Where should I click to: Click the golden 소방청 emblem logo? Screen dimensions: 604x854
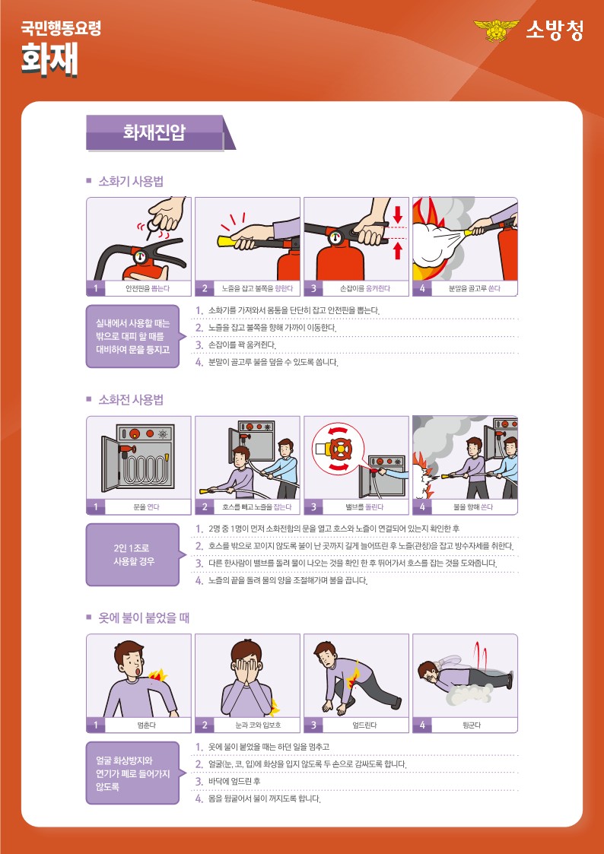coord(497,30)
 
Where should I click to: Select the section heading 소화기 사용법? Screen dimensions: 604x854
coord(131,182)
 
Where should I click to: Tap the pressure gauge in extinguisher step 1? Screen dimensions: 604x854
coord(141,256)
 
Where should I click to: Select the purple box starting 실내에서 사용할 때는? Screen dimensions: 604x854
coord(132,336)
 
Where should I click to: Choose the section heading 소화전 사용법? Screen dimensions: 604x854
coord(131,400)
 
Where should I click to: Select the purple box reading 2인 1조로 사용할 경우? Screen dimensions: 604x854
coord(132,554)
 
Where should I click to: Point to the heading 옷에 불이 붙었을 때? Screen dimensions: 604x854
coord(143,618)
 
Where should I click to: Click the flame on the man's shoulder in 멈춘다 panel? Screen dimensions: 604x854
coord(159,675)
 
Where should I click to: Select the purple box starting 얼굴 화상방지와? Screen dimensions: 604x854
coord(132,773)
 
